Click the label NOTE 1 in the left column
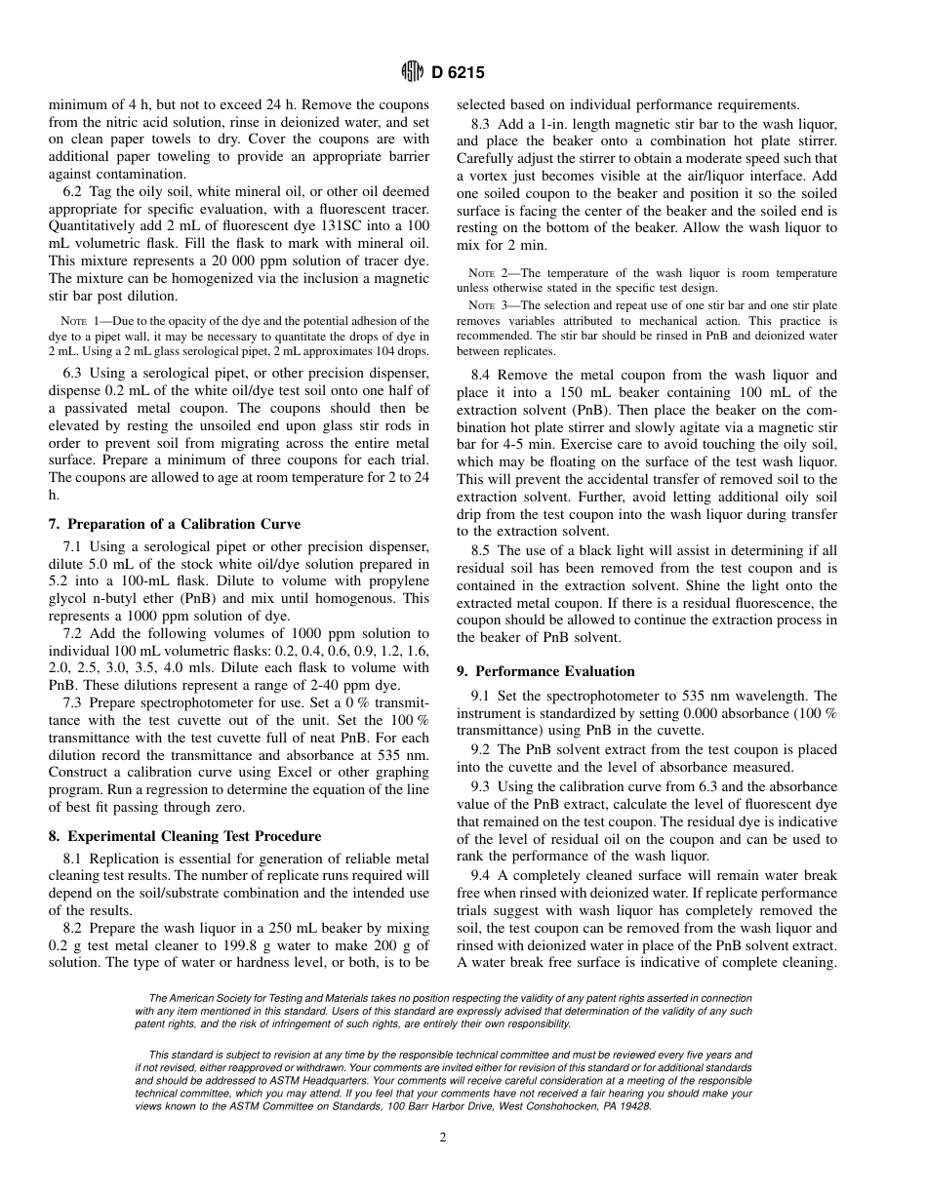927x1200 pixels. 77,320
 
